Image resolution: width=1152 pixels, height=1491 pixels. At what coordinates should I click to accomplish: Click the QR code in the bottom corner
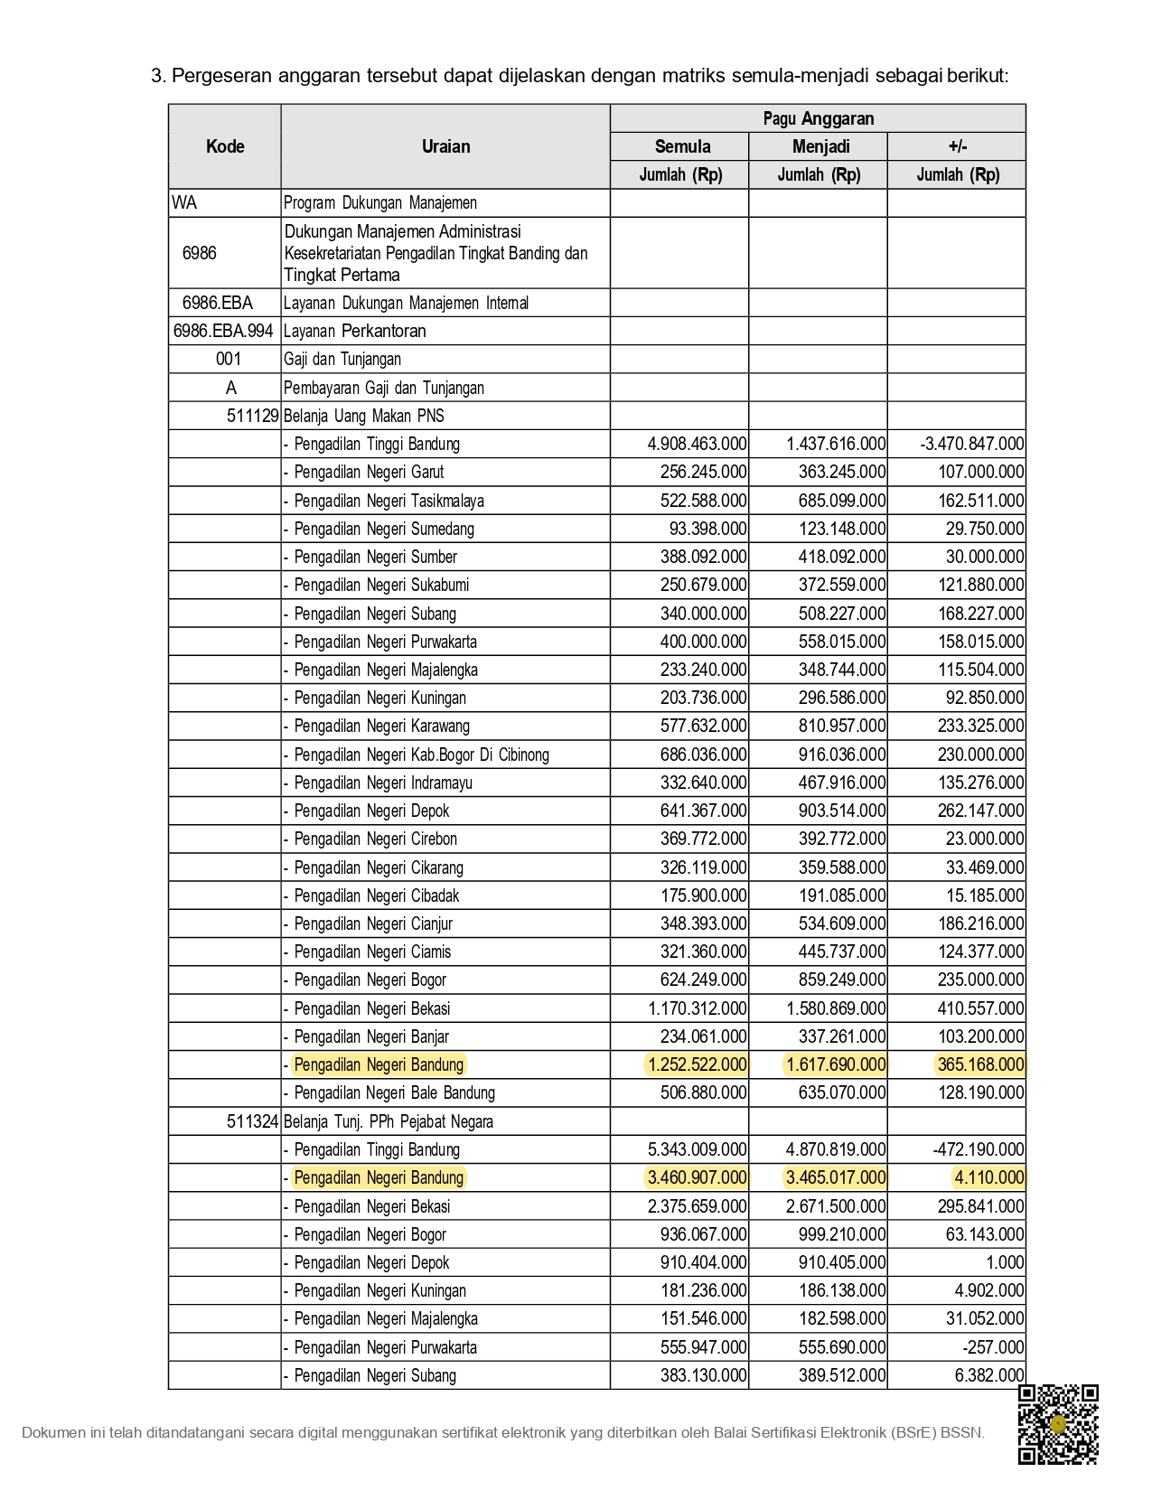(1058, 1424)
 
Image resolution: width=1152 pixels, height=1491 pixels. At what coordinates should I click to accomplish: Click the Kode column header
(225, 146)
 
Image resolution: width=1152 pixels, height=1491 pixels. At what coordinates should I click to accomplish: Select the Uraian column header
(445, 146)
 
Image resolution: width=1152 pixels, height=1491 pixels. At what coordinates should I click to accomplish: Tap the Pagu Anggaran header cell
(818, 118)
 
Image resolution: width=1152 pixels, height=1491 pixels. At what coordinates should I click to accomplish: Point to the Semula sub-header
(682, 146)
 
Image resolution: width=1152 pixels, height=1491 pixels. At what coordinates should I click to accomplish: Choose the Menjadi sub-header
(820, 146)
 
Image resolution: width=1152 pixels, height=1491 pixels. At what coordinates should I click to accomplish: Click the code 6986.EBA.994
(223, 331)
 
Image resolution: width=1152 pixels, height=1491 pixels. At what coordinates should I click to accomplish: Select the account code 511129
(252, 416)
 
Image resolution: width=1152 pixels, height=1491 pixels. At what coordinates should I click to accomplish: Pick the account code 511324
(252, 1121)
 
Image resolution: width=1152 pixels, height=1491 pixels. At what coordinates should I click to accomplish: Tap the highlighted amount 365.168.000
(980, 1064)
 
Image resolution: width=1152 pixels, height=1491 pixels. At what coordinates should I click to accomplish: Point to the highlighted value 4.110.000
(989, 1177)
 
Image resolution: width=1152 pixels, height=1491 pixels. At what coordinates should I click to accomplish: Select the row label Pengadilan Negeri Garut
(369, 472)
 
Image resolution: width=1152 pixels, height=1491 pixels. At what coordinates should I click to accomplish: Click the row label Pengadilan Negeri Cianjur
(373, 924)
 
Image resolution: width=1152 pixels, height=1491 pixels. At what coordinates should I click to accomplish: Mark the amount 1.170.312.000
(697, 1008)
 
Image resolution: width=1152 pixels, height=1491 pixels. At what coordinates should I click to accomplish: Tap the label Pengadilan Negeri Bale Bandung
(394, 1092)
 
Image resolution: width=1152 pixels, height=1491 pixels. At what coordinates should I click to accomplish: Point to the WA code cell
(184, 202)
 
